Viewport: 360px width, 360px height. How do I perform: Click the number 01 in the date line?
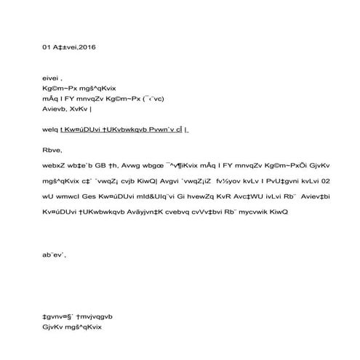[47, 47]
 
